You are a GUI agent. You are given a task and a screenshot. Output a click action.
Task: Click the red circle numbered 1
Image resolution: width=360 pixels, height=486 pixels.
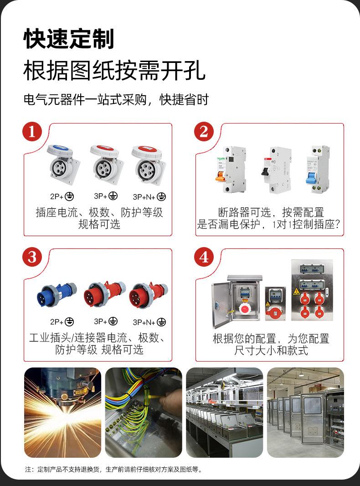click(32, 132)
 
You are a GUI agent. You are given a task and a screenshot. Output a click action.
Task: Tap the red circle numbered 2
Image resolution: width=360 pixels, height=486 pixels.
click(204, 132)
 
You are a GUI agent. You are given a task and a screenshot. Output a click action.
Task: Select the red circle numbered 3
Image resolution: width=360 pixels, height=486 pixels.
click(32, 257)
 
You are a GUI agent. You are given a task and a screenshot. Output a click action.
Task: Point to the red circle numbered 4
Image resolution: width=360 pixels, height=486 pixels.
click(204, 257)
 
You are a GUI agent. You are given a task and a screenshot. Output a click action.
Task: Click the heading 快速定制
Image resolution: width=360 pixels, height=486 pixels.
click(69, 39)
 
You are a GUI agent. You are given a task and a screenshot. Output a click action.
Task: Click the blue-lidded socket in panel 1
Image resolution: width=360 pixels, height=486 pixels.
click(63, 165)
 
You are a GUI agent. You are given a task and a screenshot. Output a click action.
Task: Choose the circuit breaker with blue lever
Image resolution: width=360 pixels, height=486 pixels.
click(317, 169)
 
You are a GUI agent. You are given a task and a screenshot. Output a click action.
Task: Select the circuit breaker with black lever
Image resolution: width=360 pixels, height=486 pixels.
click(275, 169)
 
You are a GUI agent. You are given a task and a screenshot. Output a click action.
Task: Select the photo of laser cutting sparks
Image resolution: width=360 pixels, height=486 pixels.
click(62, 412)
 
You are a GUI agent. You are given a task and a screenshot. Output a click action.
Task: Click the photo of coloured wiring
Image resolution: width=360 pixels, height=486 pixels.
click(144, 412)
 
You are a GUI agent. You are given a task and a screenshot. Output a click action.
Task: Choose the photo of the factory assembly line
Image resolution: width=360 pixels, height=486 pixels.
click(224, 412)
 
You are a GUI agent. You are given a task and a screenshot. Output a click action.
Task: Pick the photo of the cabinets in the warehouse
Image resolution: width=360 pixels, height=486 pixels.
click(305, 412)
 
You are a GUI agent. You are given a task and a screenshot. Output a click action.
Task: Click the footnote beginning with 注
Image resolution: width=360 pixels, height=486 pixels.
click(114, 469)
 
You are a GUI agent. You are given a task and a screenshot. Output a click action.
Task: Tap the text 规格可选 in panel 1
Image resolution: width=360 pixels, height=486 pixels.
click(99, 224)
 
